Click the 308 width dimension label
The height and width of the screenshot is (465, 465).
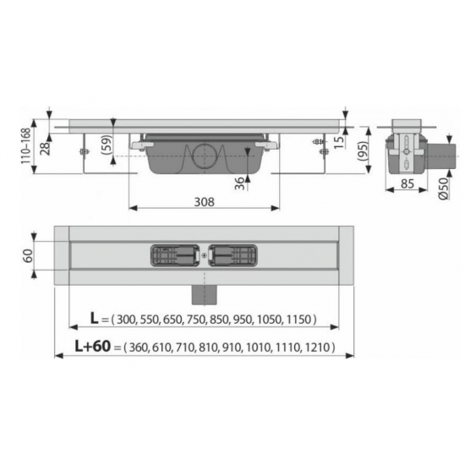click(x=204, y=202)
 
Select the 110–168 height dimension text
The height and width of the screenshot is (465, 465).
click(x=26, y=146)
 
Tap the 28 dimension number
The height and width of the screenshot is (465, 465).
click(x=45, y=148)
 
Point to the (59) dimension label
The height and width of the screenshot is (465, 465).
click(x=107, y=145)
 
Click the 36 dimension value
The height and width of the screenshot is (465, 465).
click(x=239, y=183)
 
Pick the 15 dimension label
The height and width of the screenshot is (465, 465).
click(x=340, y=142)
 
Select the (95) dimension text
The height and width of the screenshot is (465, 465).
click(x=363, y=151)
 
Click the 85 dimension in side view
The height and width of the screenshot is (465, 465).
click(x=408, y=183)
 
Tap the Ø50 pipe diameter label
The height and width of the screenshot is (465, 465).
click(x=443, y=189)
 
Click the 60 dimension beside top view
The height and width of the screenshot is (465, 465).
click(x=28, y=255)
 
